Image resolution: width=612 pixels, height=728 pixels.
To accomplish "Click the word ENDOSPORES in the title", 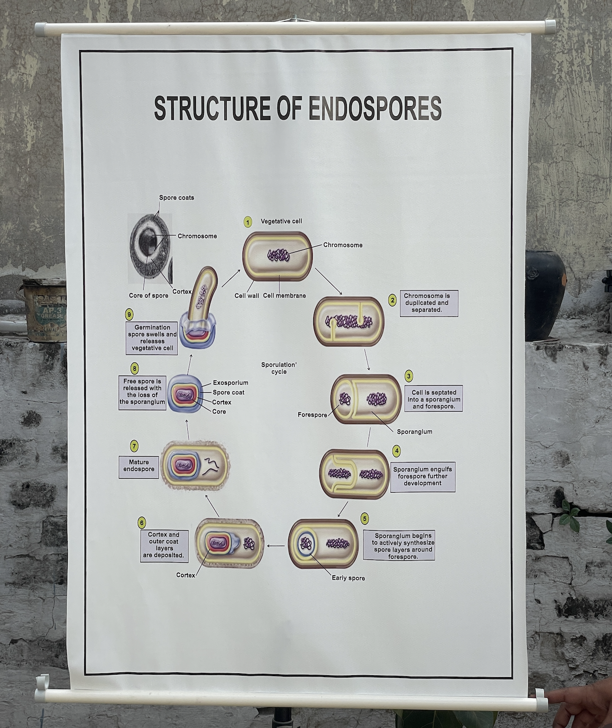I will (x=374, y=108).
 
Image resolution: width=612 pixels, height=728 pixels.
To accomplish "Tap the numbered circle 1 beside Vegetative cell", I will (x=247, y=222).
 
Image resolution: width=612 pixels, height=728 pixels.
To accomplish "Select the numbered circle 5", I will (x=365, y=519).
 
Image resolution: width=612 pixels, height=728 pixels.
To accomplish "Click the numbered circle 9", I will (x=129, y=315).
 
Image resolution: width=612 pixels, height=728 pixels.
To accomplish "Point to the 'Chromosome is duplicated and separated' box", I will (x=428, y=303).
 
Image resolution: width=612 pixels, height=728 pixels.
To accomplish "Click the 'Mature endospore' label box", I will (x=139, y=466).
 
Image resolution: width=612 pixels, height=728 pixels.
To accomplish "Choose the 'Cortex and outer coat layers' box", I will (x=164, y=545).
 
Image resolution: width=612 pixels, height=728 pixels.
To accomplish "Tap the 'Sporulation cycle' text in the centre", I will (x=279, y=368).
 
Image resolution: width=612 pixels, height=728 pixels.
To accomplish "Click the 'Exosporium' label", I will (x=231, y=383).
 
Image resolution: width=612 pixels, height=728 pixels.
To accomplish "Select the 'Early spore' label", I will (x=348, y=578).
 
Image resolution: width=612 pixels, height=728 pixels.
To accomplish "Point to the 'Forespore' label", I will (x=312, y=414).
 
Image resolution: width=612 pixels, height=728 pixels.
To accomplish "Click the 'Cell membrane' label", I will (x=284, y=296).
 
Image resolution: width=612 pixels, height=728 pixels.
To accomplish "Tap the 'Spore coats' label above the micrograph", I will (x=176, y=197).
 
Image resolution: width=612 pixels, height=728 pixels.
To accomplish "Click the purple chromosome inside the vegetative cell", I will (x=279, y=255).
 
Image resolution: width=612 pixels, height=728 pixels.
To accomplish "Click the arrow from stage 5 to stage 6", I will (x=276, y=546).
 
